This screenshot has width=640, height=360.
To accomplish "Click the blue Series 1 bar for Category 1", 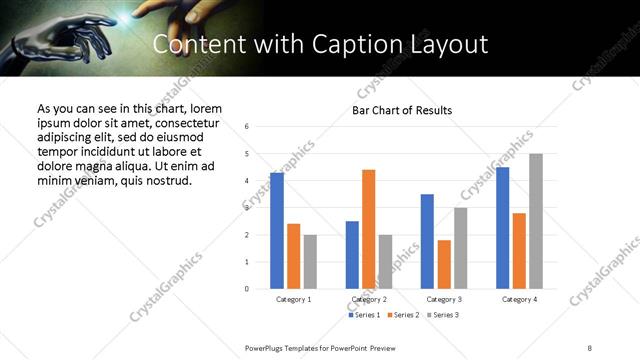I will (x=277, y=231).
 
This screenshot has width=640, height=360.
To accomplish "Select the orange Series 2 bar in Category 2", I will (x=368, y=229).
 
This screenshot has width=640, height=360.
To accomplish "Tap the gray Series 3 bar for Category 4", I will (x=536, y=221).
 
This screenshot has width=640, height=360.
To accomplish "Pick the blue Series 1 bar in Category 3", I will (x=427, y=241).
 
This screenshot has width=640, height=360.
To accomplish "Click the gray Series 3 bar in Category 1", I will (x=310, y=261).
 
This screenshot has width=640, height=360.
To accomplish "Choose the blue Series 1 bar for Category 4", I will (x=502, y=228).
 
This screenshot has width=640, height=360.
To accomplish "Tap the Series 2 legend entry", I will (x=402, y=315).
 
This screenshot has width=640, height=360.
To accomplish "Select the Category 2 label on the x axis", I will (x=369, y=299).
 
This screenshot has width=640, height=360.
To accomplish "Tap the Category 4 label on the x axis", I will (x=519, y=299).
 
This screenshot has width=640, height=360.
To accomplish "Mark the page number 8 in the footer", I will (x=590, y=346).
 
